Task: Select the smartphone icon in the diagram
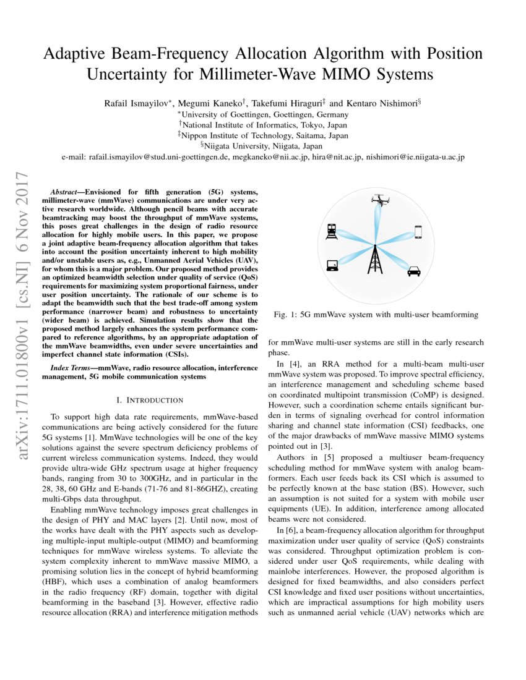coord(418,232)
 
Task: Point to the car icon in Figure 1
coord(413,270)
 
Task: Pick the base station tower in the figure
coord(375,259)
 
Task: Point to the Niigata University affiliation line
coord(262,146)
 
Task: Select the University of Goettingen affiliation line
coord(263,114)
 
